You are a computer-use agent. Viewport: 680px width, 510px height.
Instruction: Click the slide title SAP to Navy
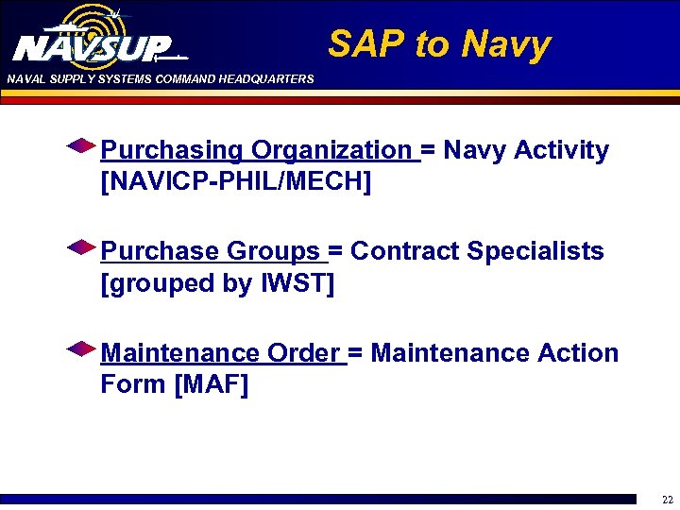(438, 44)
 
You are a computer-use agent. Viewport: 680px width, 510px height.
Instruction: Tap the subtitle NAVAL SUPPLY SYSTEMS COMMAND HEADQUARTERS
(160, 79)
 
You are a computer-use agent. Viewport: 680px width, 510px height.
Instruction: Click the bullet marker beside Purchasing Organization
(81, 146)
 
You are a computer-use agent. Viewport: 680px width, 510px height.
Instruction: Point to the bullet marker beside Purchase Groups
(81, 247)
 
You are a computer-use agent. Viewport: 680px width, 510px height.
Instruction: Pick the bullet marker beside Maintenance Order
(81, 349)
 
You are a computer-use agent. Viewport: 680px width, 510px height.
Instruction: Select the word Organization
(331, 150)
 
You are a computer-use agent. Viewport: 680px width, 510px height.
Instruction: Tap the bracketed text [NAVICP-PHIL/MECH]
(235, 181)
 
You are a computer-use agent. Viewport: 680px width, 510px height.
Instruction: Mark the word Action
(577, 353)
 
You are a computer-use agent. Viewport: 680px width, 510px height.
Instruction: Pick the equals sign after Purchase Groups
(334, 252)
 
